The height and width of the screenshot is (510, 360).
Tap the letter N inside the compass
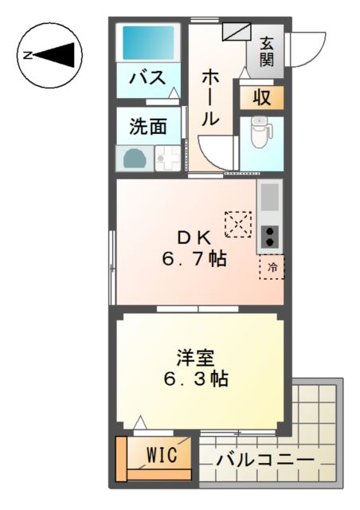coord(27,55)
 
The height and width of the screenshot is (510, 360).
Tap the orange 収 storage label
coord(261,97)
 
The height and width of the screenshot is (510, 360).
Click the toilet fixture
coord(260,133)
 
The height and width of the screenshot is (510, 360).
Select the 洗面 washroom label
coord(149,125)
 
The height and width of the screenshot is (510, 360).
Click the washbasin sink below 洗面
coord(133,158)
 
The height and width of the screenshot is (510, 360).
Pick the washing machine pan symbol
coord(169,158)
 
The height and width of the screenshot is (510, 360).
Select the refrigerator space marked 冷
coord(272,268)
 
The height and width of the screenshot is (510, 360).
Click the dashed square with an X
coord(238,224)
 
